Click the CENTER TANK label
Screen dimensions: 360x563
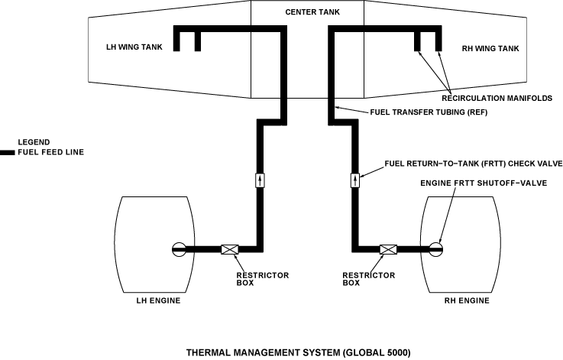[307, 12]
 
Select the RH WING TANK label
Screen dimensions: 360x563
[490, 49]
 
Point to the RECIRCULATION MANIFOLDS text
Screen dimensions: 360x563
[497, 98]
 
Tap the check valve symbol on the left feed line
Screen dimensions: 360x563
[261, 180]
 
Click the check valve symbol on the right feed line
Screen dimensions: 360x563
[355, 180]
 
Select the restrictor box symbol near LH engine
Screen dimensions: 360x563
[230, 248]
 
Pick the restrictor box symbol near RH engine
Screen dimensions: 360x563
[388, 248]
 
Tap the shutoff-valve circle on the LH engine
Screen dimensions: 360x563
[178, 248]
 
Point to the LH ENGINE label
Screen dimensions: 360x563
[153, 301]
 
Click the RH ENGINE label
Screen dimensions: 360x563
[466, 301]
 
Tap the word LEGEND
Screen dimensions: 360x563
[33, 143]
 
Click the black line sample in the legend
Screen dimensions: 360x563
[8, 153]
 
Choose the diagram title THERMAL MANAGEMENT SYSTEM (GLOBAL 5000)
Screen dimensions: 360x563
[299, 352]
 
